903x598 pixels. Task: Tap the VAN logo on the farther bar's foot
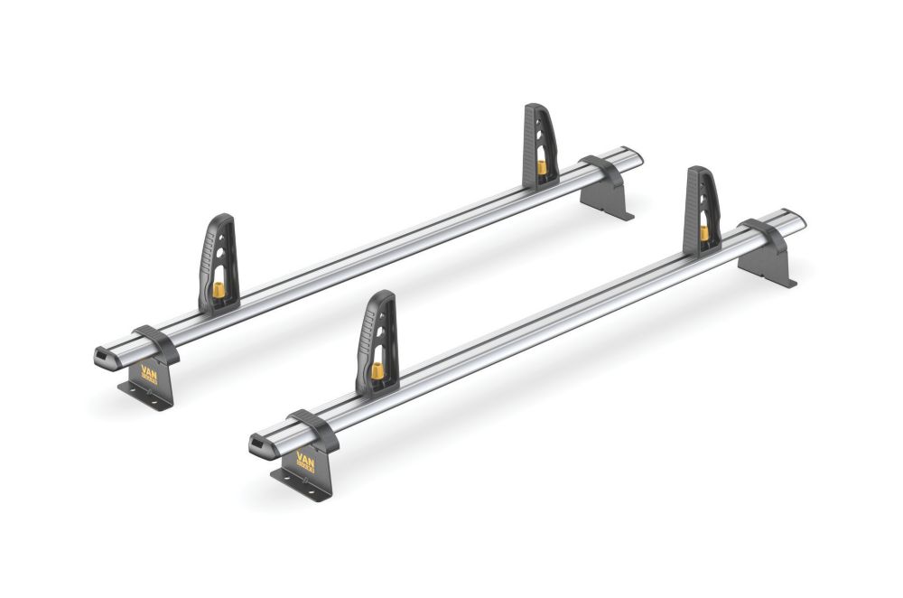[x=148, y=373]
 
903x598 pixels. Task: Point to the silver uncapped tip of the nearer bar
[x=799, y=219]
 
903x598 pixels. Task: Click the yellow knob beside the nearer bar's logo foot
[x=377, y=370]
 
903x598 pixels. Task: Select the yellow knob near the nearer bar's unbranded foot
[x=703, y=233]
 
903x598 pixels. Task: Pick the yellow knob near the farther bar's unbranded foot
[x=541, y=168]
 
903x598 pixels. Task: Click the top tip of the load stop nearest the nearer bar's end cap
[x=383, y=294]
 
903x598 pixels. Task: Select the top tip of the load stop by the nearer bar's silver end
[x=695, y=170]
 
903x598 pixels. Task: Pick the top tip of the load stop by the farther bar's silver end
[x=533, y=107]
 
